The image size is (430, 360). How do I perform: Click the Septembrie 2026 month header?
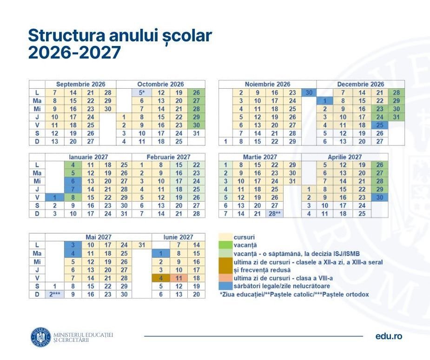(x=80, y=84)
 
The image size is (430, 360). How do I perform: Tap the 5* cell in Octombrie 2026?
(x=142, y=92)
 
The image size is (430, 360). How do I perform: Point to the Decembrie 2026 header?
(x=361, y=84)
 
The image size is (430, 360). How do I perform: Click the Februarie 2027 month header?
(x=168, y=157)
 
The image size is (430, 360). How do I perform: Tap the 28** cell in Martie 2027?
(x=275, y=214)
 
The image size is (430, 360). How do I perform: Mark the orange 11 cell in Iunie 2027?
(x=178, y=278)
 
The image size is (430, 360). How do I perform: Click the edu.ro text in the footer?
(x=389, y=336)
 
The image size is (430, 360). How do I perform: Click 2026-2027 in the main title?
(x=74, y=52)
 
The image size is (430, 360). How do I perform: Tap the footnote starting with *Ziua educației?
(x=294, y=294)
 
